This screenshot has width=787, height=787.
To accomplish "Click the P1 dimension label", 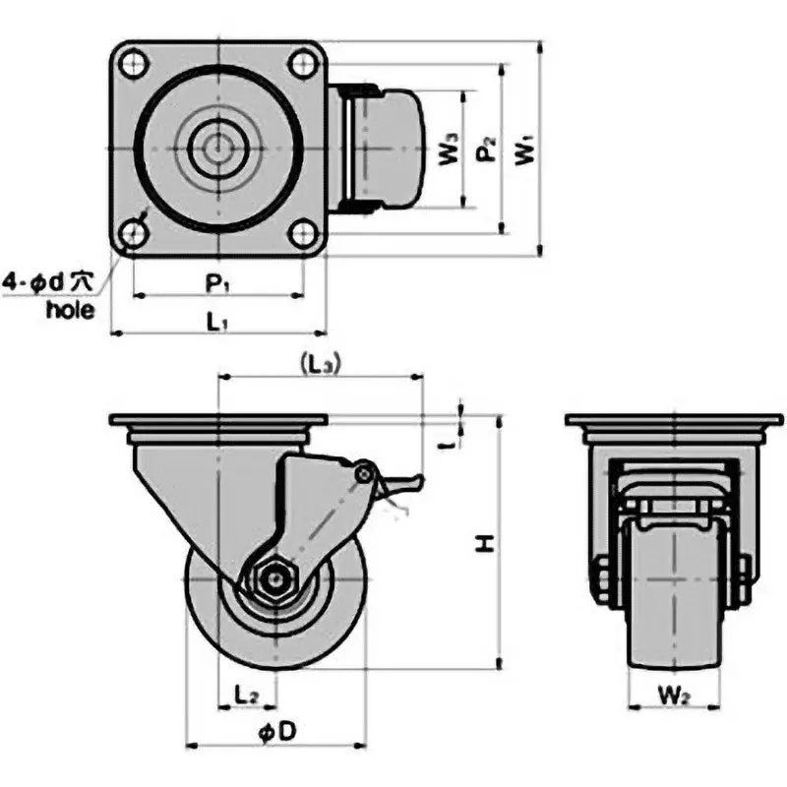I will [217, 283].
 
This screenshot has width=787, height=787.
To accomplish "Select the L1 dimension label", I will [217, 322].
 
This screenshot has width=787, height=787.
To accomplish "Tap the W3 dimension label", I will [448, 150].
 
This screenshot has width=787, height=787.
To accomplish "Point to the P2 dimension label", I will [484, 150].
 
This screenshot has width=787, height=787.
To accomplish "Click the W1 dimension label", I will [525, 150].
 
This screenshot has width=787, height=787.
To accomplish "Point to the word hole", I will [71, 310].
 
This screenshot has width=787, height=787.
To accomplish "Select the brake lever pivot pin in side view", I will [365, 474].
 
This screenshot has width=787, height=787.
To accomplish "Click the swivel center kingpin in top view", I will [217, 150].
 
